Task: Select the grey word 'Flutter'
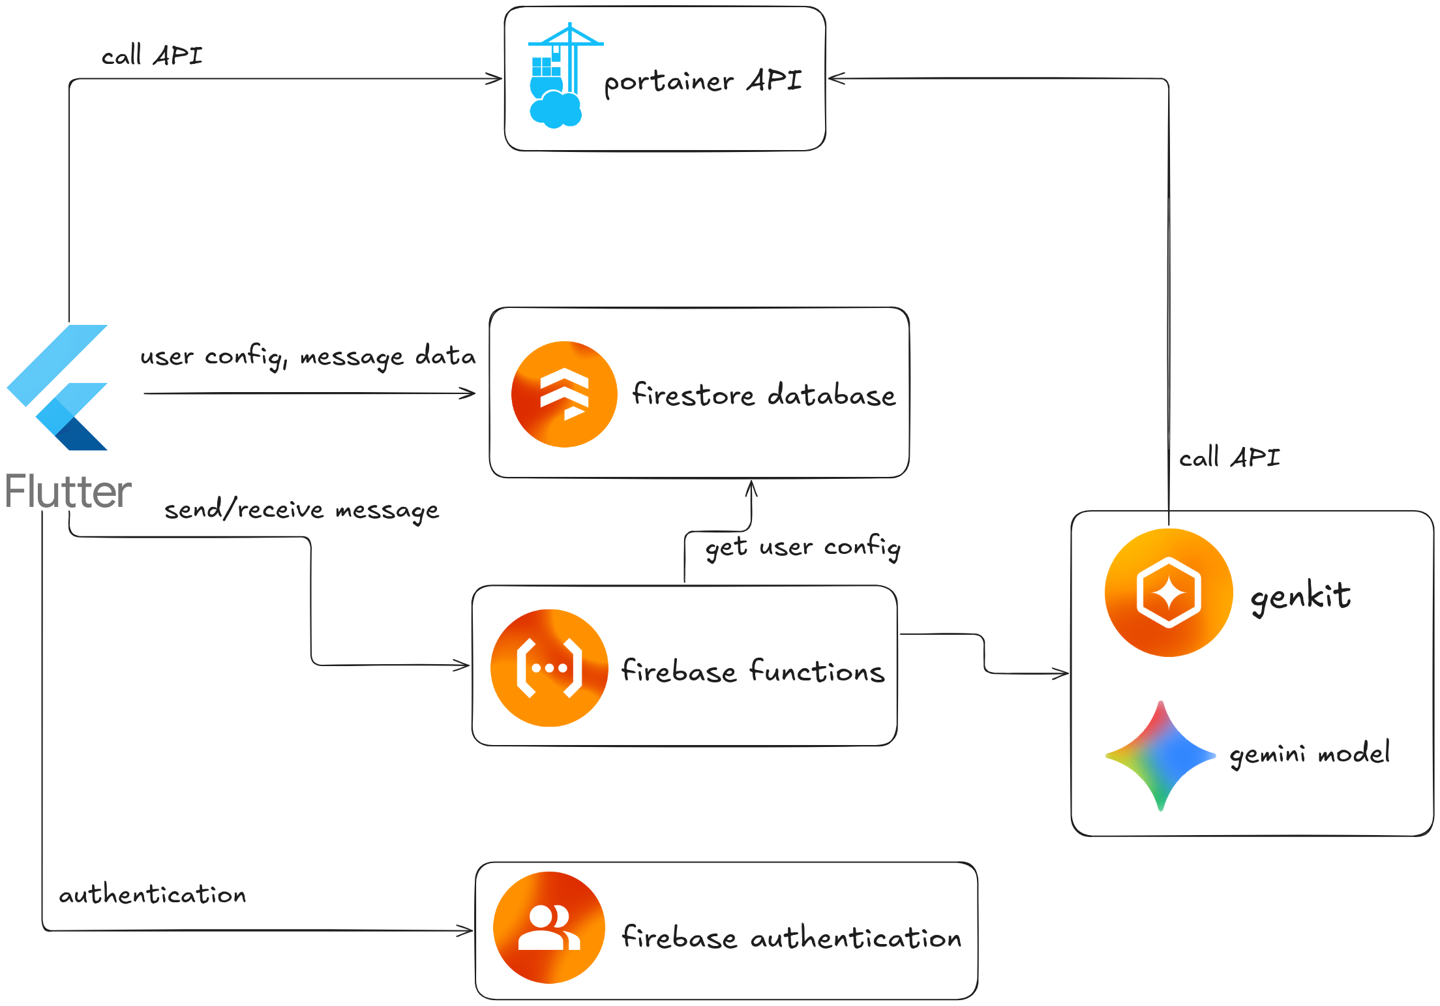tap(68, 491)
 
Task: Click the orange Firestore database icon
tap(564, 394)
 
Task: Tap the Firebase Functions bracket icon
tap(549, 668)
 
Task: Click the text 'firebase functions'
tap(753, 671)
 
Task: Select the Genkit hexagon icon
tap(1168, 592)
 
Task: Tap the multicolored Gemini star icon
tap(1161, 756)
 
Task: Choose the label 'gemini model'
tap(1310, 754)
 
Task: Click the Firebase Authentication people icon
tap(549, 928)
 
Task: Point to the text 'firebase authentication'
tap(791, 937)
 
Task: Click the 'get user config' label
tap(803, 547)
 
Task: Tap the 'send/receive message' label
tap(301, 510)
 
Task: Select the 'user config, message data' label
tap(308, 356)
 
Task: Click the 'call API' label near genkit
tap(1229, 457)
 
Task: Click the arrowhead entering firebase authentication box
tap(466, 930)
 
